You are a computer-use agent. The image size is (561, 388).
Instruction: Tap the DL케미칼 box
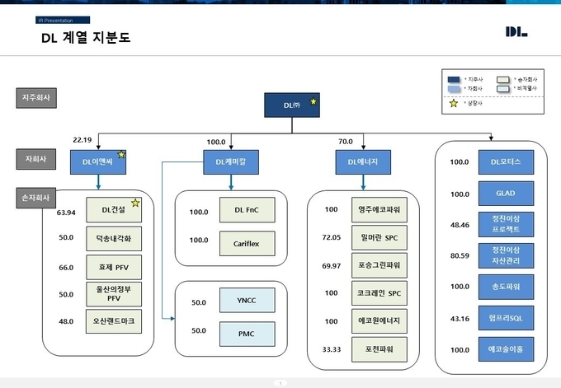click(231, 162)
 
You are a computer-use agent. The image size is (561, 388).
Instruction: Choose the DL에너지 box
click(357, 162)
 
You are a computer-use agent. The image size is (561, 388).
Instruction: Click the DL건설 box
click(113, 210)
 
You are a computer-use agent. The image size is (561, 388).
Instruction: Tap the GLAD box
click(506, 194)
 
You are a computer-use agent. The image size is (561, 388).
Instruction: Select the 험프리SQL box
click(506, 318)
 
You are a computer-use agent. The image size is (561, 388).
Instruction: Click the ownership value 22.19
click(83, 140)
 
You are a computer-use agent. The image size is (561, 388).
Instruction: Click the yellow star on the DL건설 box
click(135, 203)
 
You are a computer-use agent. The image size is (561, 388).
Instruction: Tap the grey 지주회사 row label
click(36, 99)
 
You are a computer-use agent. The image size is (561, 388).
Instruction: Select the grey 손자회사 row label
click(36, 199)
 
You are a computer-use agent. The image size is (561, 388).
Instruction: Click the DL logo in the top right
click(516, 32)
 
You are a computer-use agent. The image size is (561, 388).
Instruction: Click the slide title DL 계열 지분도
click(85, 37)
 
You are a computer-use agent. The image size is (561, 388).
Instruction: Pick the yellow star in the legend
click(454, 104)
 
